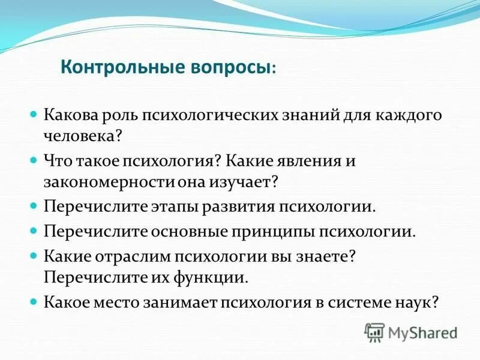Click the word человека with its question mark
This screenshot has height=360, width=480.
click(x=83, y=136)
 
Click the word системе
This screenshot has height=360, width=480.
click(x=356, y=302)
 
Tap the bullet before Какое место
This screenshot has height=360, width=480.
click(x=34, y=301)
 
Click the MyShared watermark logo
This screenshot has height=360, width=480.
click(x=412, y=332)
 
